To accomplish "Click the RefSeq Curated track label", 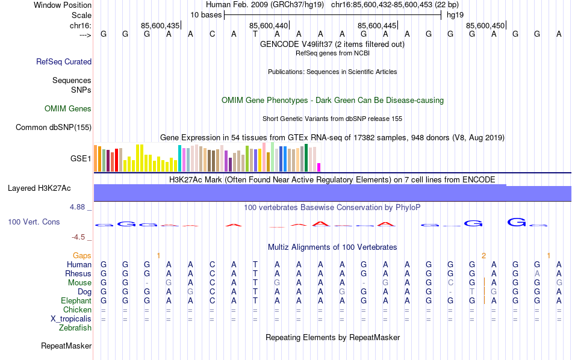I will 64,61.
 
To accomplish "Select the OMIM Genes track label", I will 68,109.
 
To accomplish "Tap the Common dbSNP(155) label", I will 54,127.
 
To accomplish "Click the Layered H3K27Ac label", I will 39,188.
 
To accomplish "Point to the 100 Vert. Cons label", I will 34,222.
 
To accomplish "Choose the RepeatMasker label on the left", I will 66,346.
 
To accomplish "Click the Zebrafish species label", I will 75,328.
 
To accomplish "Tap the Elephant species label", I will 76,300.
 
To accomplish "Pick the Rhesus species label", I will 78,273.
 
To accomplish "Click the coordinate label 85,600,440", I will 268,25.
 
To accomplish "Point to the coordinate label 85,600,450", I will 485,25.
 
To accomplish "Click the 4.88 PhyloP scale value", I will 79,207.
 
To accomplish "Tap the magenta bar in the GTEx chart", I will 319,167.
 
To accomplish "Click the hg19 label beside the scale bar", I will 456,15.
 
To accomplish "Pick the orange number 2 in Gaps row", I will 483,256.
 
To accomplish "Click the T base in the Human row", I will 255,264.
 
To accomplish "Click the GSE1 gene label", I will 81,159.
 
